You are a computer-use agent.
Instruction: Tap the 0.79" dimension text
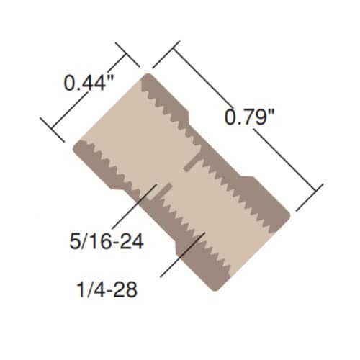click(249, 116)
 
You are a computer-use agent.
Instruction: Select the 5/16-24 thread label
click(107, 241)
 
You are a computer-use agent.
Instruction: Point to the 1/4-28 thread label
click(107, 289)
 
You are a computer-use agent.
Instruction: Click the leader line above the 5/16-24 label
click(135, 205)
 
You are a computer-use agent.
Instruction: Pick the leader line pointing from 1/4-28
click(183, 255)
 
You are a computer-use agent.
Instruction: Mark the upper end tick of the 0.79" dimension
click(166, 55)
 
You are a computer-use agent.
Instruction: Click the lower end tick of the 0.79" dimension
click(310, 197)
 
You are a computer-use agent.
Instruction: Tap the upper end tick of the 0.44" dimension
click(127, 55)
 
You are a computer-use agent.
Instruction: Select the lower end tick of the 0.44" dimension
click(53, 130)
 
